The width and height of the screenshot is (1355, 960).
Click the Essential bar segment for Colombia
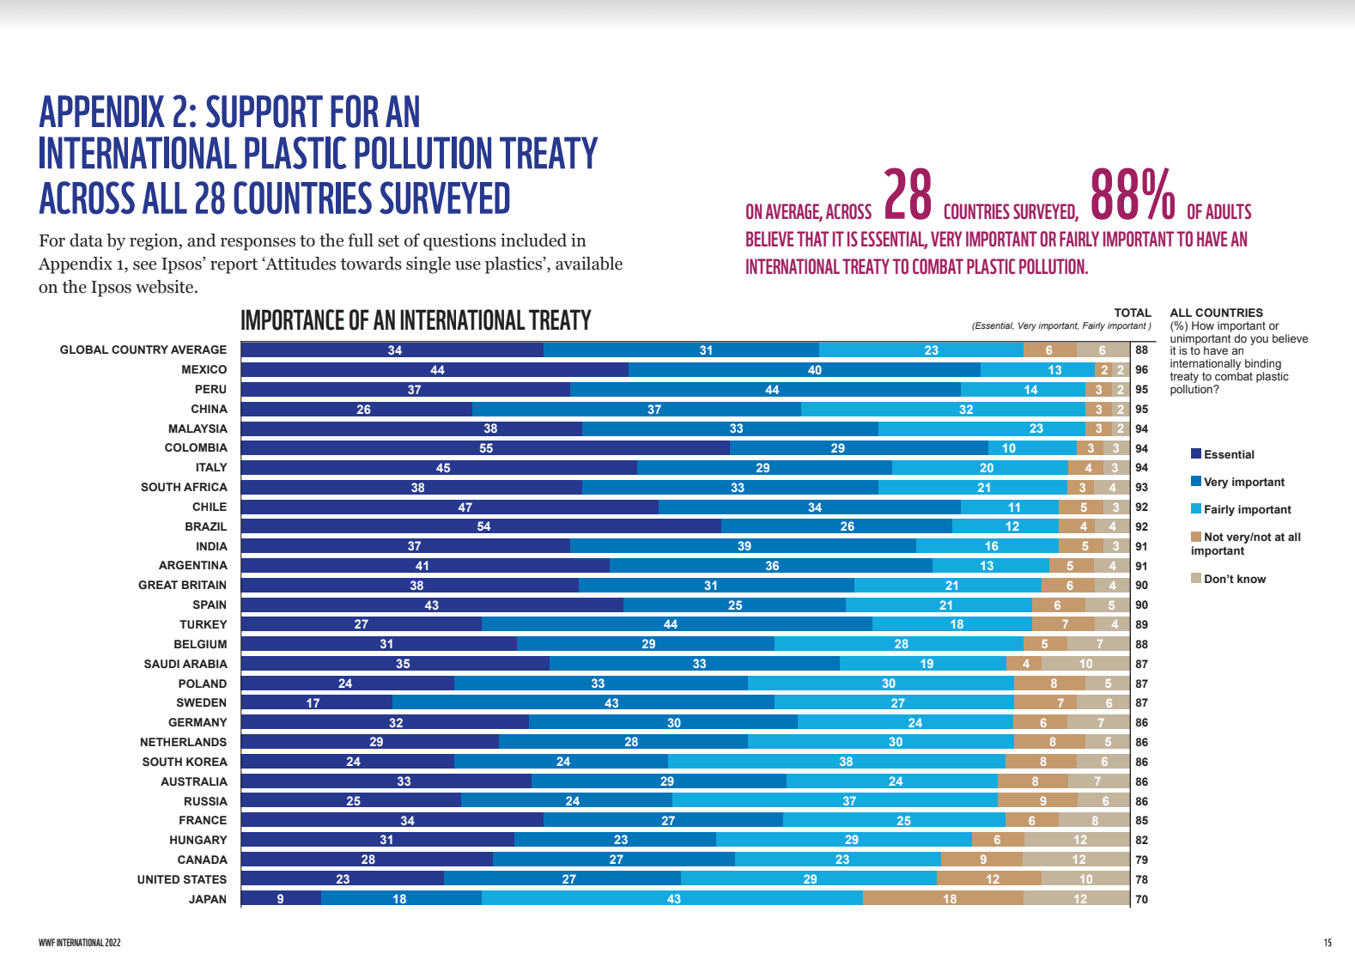click(x=485, y=448)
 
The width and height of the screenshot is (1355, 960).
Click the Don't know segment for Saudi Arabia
click(x=1085, y=664)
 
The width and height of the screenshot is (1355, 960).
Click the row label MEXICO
click(x=204, y=370)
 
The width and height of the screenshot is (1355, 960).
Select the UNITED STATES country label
click(x=182, y=879)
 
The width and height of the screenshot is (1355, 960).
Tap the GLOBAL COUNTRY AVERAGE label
click(x=143, y=350)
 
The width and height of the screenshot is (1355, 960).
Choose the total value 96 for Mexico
click(x=1141, y=370)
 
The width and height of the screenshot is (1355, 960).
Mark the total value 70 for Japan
click(x=1141, y=899)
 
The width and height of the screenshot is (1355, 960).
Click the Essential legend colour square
click(x=1195, y=454)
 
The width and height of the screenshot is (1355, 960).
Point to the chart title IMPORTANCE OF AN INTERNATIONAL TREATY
click(x=416, y=321)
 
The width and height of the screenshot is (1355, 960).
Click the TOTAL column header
click(x=1132, y=313)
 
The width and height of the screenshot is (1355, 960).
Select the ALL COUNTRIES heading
click(x=1216, y=313)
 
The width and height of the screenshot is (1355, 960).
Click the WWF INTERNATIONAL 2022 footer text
click(x=80, y=943)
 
